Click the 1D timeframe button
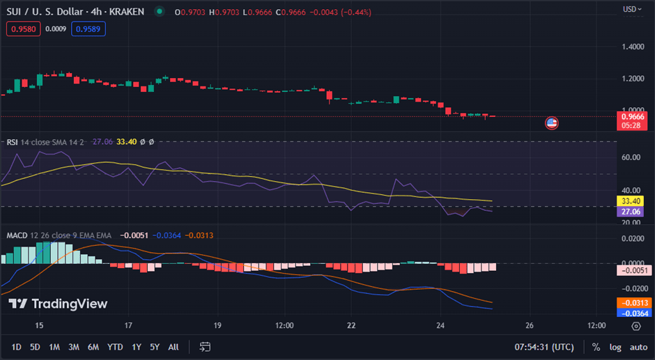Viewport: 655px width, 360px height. tap(16, 347)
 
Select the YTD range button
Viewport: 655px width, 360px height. tap(116, 347)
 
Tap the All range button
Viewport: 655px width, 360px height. tap(174, 347)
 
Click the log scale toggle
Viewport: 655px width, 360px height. tap(615, 347)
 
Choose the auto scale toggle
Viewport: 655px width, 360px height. tap(638, 347)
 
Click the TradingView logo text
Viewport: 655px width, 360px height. tap(58, 304)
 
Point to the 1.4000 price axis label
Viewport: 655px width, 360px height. tap(633, 47)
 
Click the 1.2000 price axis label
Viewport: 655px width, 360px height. tap(633, 79)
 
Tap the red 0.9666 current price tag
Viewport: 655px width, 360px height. tap(633, 117)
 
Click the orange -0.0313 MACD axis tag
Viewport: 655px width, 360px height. tap(633, 303)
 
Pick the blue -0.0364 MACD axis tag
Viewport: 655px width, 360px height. tap(633, 313)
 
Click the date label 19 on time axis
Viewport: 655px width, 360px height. tap(217, 325)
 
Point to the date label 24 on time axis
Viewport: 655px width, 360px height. tap(440, 325)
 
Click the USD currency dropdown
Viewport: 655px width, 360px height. tap(632, 9)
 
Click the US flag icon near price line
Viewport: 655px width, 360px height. tap(552, 123)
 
